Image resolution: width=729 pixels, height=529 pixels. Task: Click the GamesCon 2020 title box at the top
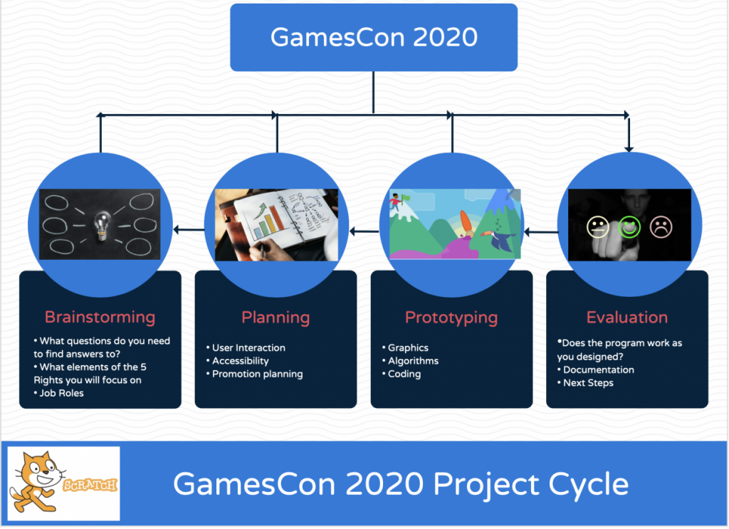(374, 37)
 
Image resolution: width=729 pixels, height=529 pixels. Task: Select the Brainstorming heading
(100, 317)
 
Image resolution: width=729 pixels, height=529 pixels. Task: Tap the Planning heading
(276, 318)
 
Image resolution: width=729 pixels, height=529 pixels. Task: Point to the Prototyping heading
(451, 318)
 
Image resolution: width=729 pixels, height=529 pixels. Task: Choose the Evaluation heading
(627, 317)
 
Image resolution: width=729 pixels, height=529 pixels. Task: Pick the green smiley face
(629, 227)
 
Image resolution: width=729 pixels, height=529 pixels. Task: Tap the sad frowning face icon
(661, 227)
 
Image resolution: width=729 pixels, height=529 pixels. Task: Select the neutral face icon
(598, 227)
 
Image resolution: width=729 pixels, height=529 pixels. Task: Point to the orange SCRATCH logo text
(90, 486)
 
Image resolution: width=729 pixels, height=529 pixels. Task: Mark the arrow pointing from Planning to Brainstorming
(189, 229)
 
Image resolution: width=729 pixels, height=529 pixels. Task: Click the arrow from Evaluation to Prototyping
(541, 231)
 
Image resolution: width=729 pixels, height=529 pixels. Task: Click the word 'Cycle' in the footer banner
(589, 484)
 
